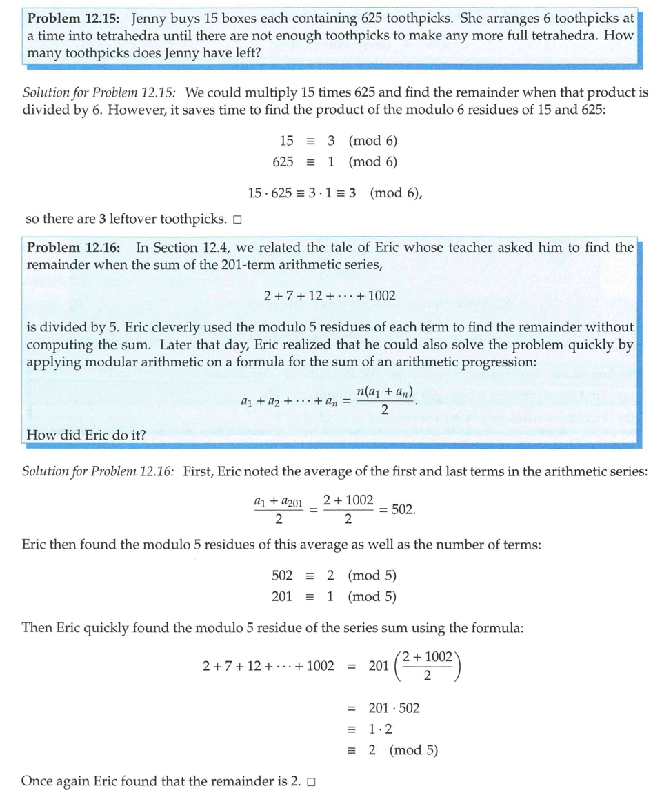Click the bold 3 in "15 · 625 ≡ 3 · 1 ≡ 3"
pos(352,193)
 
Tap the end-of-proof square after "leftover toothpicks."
pos(237,221)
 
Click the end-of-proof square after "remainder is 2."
pos(312,783)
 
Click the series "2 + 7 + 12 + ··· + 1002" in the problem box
pos(330,295)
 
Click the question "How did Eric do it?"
pos(85,435)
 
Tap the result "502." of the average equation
pos(403,510)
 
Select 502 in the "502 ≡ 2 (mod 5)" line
pos(282,576)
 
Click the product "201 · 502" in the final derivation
pos(394,708)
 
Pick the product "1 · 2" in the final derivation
pos(381,729)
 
